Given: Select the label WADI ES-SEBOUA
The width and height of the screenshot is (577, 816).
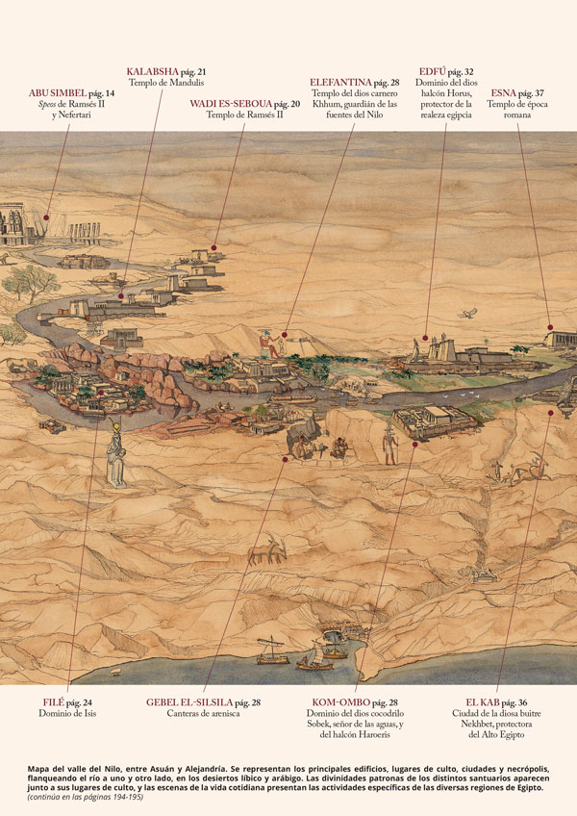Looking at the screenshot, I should tap(230, 103).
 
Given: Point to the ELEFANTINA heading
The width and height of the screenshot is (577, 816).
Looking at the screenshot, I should tap(340, 83).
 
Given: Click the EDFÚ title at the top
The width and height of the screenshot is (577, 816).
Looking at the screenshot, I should tap(434, 71).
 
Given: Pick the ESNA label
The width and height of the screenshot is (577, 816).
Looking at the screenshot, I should tap(503, 93).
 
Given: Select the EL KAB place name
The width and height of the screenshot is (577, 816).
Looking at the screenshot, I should tap(482, 702).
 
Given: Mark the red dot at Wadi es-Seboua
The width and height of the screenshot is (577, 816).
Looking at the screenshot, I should tap(213, 247).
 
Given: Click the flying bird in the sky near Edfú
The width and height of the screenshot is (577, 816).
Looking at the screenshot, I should tap(469, 313).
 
